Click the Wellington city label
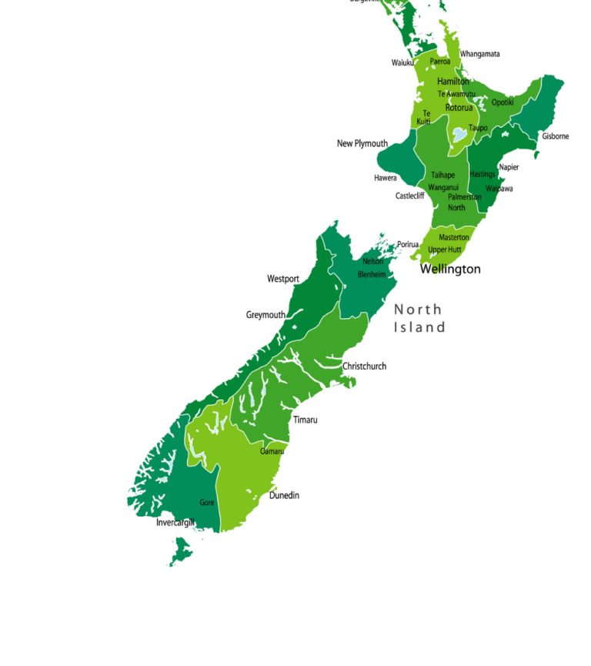(x=450, y=269)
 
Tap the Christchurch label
(x=364, y=366)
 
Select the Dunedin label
(x=284, y=495)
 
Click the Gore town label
(x=207, y=503)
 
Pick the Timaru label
(x=305, y=420)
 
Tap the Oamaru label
(x=272, y=451)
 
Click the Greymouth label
(x=265, y=314)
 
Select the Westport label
(x=283, y=279)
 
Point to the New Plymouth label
(x=362, y=143)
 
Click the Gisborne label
(x=555, y=136)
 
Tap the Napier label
(x=509, y=167)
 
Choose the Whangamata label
(x=479, y=54)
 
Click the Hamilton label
(x=452, y=82)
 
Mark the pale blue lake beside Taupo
(x=459, y=134)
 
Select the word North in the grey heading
(x=418, y=310)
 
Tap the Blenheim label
(x=371, y=274)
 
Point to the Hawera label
(x=386, y=178)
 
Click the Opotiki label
(x=503, y=102)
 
